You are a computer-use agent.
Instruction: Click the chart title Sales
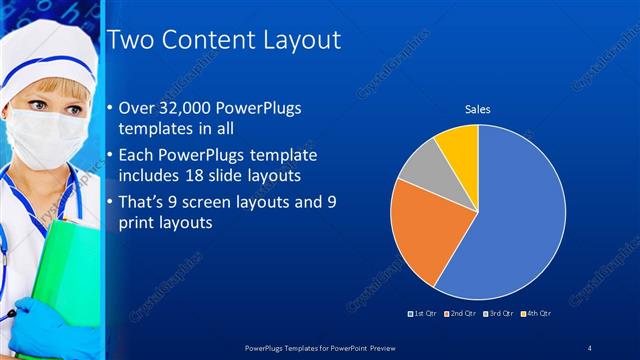pyautogui.click(x=477, y=108)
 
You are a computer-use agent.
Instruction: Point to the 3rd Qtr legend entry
pyautogui.click(x=496, y=314)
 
